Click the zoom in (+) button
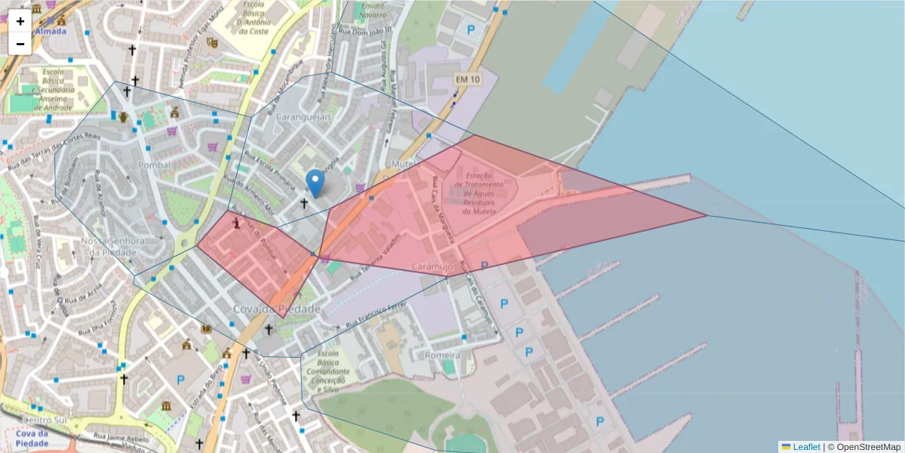(x=20, y=21)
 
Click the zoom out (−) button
(x=20, y=44)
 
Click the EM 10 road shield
(x=467, y=79)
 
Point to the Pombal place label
(x=155, y=165)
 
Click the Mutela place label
(x=406, y=164)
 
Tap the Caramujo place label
(x=433, y=267)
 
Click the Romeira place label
(x=443, y=355)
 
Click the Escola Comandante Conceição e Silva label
(x=327, y=372)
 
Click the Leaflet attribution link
(x=805, y=447)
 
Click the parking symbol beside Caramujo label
(x=484, y=266)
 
